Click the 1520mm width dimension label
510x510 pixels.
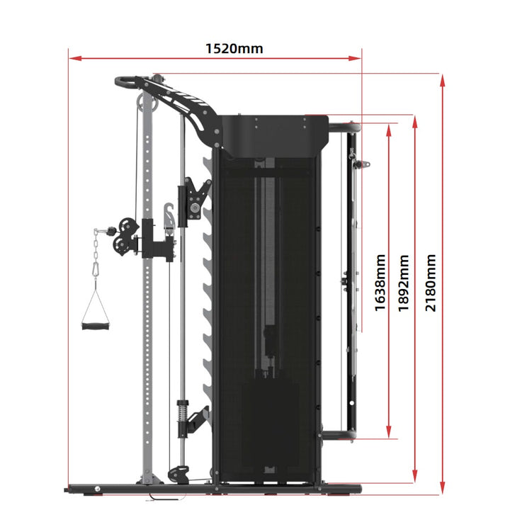[234, 48]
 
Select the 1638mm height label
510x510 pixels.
[380, 283]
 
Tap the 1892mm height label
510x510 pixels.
[404, 283]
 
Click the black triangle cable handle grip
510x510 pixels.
[94, 327]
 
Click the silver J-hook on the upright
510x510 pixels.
[169, 217]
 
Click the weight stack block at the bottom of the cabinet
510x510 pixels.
[268, 425]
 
